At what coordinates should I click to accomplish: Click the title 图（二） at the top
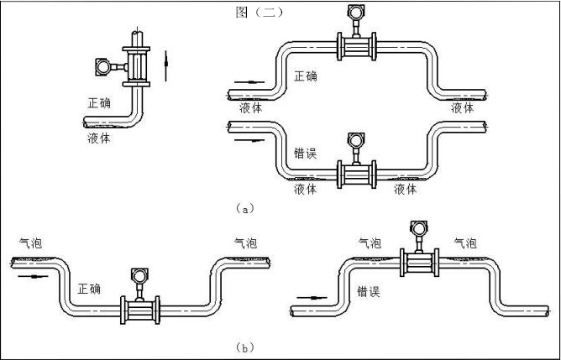tap(261, 12)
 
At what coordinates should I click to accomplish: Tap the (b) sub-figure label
tap(244, 346)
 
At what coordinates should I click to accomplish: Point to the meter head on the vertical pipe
tap(103, 64)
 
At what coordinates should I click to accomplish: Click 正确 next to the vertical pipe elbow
tap(99, 103)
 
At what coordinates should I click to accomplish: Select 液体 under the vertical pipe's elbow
tap(98, 138)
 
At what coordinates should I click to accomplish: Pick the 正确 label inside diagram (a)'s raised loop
tap(306, 76)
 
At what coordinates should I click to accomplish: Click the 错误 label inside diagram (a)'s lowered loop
tap(306, 154)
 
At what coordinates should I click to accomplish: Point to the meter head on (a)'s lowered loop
tap(354, 141)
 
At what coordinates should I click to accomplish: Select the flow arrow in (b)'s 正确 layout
tap(29, 274)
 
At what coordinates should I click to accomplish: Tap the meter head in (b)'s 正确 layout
tap(139, 275)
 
